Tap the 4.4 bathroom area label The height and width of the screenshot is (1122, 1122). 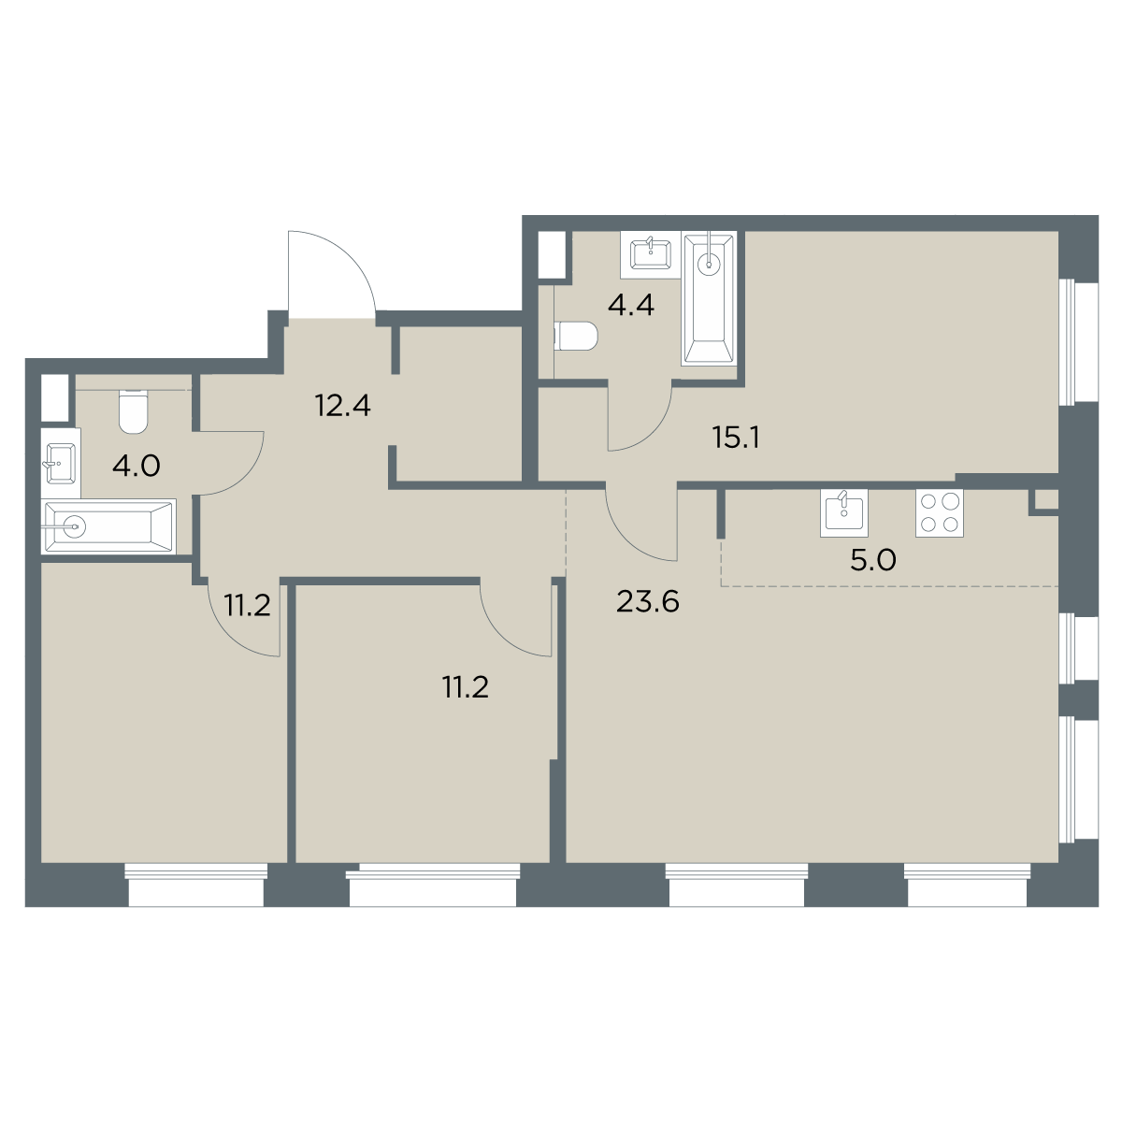(x=631, y=305)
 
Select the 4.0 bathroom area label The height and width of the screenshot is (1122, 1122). (x=137, y=467)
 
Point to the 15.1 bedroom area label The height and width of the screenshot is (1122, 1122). (x=737, y=438)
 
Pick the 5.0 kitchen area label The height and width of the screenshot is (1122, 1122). (x=873, y=560)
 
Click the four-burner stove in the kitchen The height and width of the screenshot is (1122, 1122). (x=939, y=513)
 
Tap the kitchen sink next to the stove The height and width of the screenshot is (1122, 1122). (x=844, y=512)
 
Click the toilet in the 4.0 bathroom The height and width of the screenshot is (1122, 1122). (x=134, y=411)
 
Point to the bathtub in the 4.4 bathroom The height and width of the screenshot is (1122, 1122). (x=709, y=298)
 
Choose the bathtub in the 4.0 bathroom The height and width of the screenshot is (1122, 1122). (x=108, y=527)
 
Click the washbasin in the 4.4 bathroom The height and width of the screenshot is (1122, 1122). (x=651, y=254)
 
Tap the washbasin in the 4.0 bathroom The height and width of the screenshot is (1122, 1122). (x=61, y=463)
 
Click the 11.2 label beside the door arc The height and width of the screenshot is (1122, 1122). (x=248, y=605)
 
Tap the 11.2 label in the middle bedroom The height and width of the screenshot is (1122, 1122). (x=466, y=687)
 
